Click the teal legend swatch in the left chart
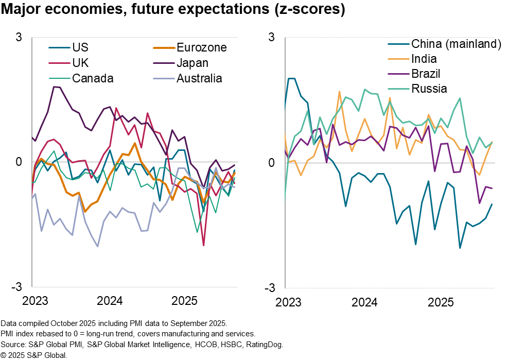point(59,48)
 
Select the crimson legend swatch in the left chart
point(59,63)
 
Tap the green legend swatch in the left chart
point(59,79)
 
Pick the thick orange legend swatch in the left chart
point(164,48)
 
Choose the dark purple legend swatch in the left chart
point(164,63)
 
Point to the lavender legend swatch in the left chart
point(164,79)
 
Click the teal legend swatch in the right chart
point(398,44)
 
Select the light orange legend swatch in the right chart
point(398,59)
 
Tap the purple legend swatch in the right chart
point(398,74)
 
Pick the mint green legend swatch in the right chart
point(398,89)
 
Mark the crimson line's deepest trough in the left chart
point(204,245)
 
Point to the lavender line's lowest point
point(98,246)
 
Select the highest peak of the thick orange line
point(135,143)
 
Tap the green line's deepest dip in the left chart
point(197,232)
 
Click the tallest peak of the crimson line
point(116,108)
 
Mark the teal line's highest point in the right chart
point(291,79)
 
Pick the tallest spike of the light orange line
point(339,92)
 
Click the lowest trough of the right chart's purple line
point(480,203)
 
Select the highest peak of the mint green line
point(365,90)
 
